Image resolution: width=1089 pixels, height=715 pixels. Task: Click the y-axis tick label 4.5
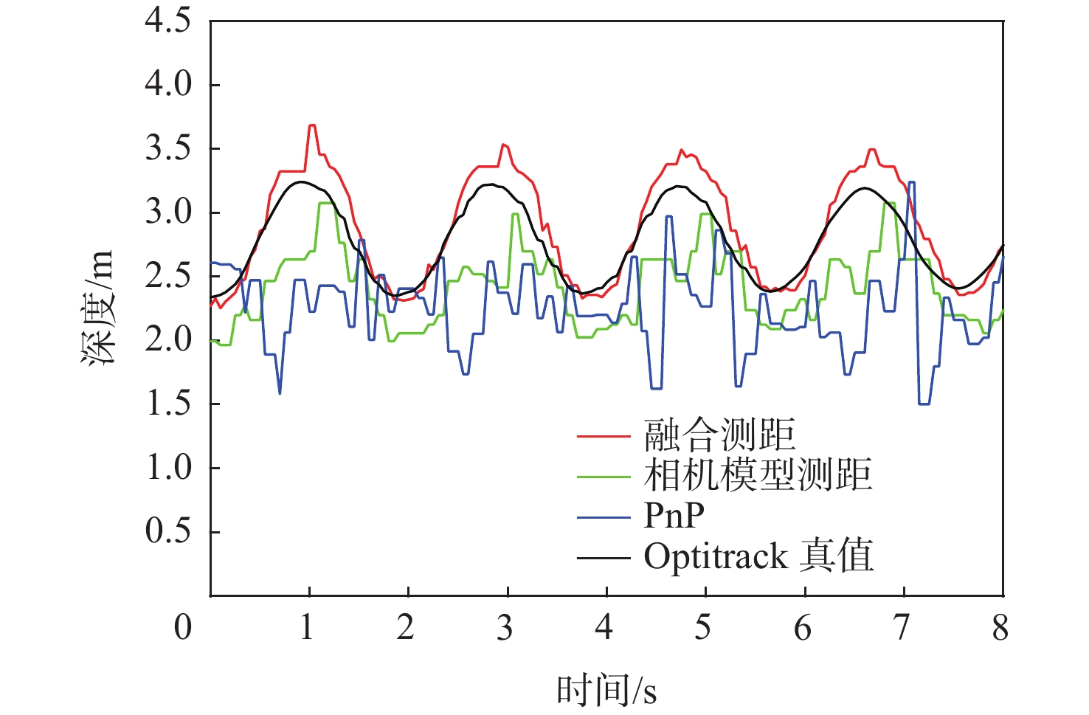pyautogui.click(x=168, y=21)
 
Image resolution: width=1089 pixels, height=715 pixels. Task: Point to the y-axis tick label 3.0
pyautogui.click(x=168, y=213)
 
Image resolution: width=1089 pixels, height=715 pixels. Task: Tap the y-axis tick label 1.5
pyautogui.click(x=168, y=404)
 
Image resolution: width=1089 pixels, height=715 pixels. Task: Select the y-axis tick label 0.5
pyautogui.click(x=168, y=531)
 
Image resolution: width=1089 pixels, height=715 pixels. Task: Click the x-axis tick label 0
pyautogui.click(x=183, y=628)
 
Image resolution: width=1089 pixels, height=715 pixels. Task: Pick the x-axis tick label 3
pyautogui.click(x=505, y=628)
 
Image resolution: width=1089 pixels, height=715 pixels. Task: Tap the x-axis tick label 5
pyautogui.click(x=703, y=628)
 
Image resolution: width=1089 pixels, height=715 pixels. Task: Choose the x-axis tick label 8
pyautogui.click(x=1000, y=628)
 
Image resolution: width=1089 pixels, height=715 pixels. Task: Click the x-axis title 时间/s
pyautogui.click(x=606, y=691)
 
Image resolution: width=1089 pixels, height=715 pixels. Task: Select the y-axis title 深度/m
pyautogui.click(x=99, y=308)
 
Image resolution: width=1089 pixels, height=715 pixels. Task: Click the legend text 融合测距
pyautogui.click(x=720, y=435)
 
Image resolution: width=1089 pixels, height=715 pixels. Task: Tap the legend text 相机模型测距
pyautogui.click(x=758, y=474)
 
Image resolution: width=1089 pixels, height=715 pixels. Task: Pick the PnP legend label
pyautogui.click(x=674, y=515)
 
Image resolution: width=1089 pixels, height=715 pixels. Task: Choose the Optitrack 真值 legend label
pyautogui.click(x=758, y=556)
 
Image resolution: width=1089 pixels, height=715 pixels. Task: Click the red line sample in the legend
pyautogui.click(x=604, y=436)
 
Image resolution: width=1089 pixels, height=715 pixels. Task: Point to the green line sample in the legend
pyautogui.click(x=604, y=477)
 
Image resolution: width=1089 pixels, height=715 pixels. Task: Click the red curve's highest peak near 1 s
pyautogui.click(x=312, y=125)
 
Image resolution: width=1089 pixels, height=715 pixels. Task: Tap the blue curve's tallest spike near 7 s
pyautogui.click(x=912, y=182)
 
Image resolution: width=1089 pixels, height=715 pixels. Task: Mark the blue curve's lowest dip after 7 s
pyautogui.click(x=924, y=404)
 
